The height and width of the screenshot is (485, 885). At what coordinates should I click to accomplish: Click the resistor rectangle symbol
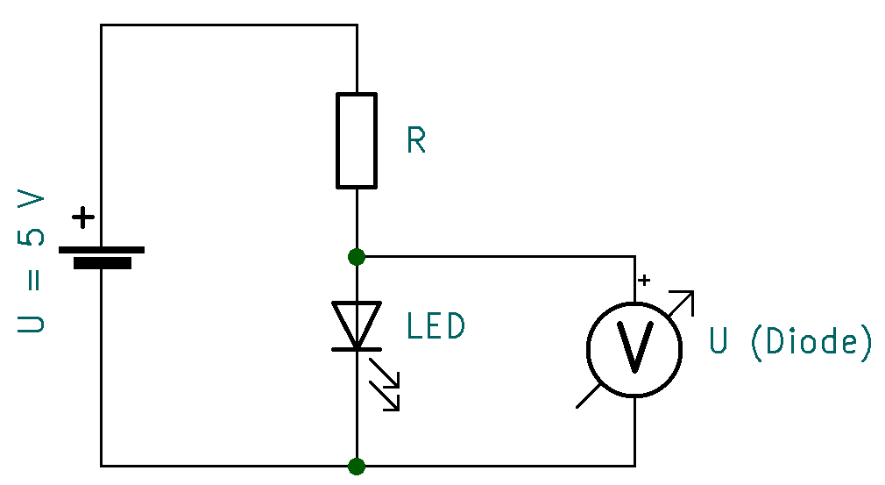(357, 140)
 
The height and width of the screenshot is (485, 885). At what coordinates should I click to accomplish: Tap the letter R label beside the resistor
(416, 140)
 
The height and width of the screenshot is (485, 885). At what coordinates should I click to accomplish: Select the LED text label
(435, 326)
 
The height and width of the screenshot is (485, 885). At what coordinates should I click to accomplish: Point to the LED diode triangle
(357, 323)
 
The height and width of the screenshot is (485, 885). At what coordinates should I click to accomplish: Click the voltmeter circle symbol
(634, 349)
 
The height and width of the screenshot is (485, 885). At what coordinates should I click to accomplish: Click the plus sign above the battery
(83, 218)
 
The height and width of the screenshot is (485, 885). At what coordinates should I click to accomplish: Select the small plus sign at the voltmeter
(645, 281)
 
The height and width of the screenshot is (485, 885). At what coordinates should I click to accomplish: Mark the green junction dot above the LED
(357, 256)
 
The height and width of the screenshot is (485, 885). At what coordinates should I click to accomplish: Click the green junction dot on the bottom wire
(357, 465)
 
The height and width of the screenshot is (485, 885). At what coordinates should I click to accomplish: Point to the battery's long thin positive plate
(102, 250)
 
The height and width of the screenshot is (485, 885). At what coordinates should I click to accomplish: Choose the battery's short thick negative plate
(102, 263)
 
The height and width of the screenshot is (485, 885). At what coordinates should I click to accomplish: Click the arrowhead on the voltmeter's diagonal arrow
(687, 298)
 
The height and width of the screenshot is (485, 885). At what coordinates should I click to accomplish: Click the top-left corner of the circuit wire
(102, 25)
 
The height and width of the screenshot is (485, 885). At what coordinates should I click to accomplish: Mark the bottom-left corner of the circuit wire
(102, 465)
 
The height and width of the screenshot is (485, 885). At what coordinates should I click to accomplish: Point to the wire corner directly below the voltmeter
(634, 465)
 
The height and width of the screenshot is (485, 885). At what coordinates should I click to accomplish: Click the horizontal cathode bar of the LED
(357, 349)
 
